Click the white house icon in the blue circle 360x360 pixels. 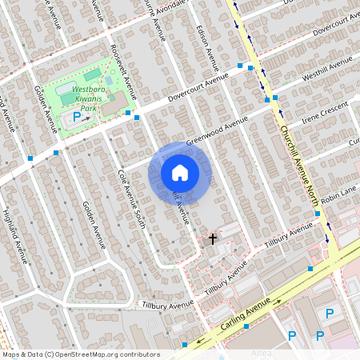click(x=180, y=172)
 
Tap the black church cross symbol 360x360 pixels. click(x=213, y=238)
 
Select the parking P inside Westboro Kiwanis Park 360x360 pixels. click(x=77, y=117)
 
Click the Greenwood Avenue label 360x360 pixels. click(x=217, y=132)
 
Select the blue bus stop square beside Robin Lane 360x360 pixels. click(x=318, y=214)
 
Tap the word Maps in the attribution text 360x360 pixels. click(x=12, y=354)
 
